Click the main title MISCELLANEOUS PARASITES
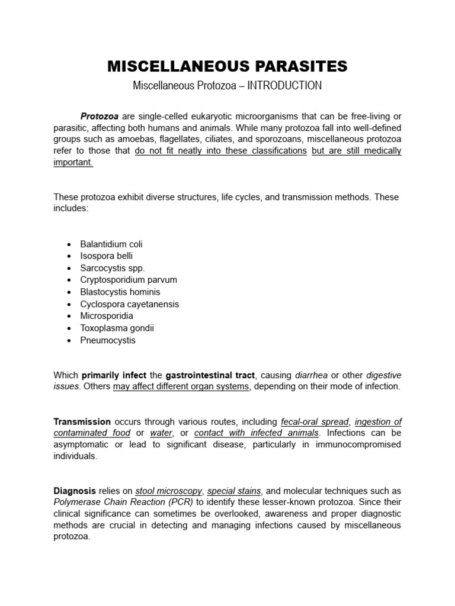(227, 66)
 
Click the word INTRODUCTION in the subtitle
(284, 86)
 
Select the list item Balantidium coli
(111, 244)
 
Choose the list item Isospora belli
(107, 256)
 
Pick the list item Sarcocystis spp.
(113, 267)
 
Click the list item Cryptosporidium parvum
(129, 279)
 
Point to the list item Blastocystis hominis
(120, 292)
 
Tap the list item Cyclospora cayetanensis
(130, 304)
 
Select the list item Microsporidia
(107, 316)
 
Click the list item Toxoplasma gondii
(117, 328)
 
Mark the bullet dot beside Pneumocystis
(69, 341)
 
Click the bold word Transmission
(82, 422)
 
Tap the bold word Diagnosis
(75, 491)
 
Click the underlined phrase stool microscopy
(169, 491)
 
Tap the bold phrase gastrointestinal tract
(210, 375)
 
